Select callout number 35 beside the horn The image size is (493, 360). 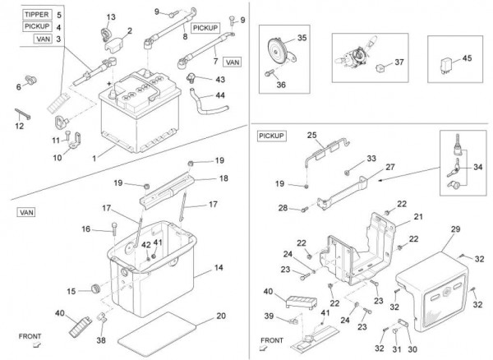click(302, 39)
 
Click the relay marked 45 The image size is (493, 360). click(467, 58)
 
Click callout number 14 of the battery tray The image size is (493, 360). click(219, 269)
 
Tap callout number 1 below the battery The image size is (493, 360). click(95, 156)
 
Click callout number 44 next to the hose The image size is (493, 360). click(219, 95)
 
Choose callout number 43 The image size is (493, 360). click(219, 79)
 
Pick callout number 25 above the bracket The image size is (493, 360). click(311, 134)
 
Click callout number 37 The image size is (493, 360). click(400, 62)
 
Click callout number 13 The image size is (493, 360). click(112, 17)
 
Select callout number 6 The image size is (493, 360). click(18, 85)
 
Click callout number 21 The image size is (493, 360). click(417, 217)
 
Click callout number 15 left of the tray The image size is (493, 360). click(71, 291)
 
